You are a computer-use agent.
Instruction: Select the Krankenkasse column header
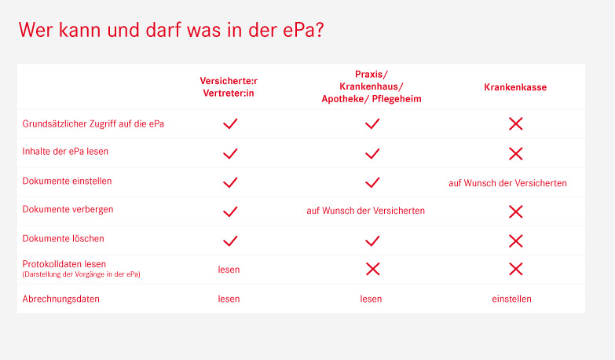coord(515,87)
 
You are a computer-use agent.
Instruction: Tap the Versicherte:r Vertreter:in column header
coord(229,86)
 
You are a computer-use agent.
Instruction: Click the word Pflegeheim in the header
coord(397,99)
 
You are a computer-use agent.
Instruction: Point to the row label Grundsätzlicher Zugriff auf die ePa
coord(93,124)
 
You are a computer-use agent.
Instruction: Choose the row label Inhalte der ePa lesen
coord(65,152)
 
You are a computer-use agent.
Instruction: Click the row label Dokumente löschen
coord(63,239)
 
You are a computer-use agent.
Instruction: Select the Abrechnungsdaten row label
coord(60,299)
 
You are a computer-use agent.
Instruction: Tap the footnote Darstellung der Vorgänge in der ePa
coord(81,274)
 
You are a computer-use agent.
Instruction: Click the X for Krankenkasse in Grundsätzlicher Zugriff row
coord(515,124)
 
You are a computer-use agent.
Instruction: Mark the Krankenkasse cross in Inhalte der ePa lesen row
coord(515,153)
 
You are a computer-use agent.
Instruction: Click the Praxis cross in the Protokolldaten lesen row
coord(372,270)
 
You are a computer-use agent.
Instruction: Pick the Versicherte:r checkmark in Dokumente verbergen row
coord(230,211)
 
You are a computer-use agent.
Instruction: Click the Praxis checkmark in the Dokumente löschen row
coord(372,241)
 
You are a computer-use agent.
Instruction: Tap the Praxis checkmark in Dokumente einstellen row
coord(372,182)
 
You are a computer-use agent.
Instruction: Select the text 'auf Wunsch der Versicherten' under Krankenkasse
coord(507,183)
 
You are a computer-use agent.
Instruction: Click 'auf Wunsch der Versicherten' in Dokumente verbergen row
coord(365,211)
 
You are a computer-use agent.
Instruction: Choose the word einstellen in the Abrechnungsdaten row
coord(511,299)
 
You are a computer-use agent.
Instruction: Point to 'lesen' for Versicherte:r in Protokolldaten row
coord(229,270)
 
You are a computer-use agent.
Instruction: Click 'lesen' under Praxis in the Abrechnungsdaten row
coord(371,299)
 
